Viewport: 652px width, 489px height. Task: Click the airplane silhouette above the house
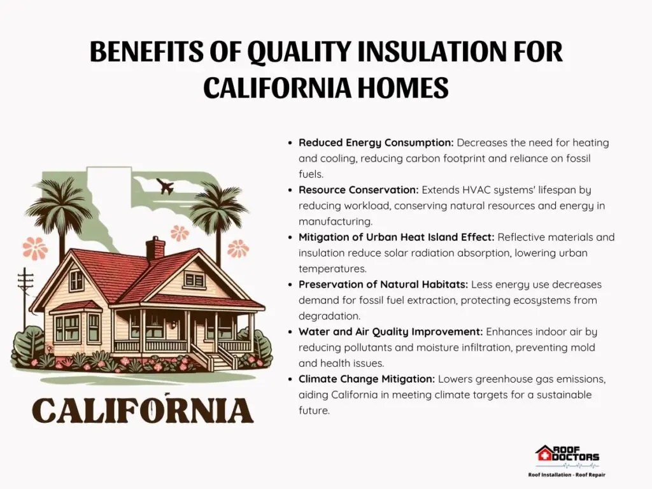[165, 187]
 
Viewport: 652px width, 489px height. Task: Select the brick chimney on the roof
[155, 248]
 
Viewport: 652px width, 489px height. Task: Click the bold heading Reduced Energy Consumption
[376, 143]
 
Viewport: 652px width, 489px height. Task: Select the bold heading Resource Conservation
[358, 190]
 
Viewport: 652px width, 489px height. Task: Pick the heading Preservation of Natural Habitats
[383, 285]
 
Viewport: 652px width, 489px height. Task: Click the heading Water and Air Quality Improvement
[391, 332]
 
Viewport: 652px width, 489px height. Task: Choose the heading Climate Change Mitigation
[367, 379]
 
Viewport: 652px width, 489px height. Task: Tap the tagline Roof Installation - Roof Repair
[567, 475]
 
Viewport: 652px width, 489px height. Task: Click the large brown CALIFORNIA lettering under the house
[143, 410]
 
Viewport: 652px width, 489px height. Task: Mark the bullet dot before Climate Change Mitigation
[290, 379]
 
